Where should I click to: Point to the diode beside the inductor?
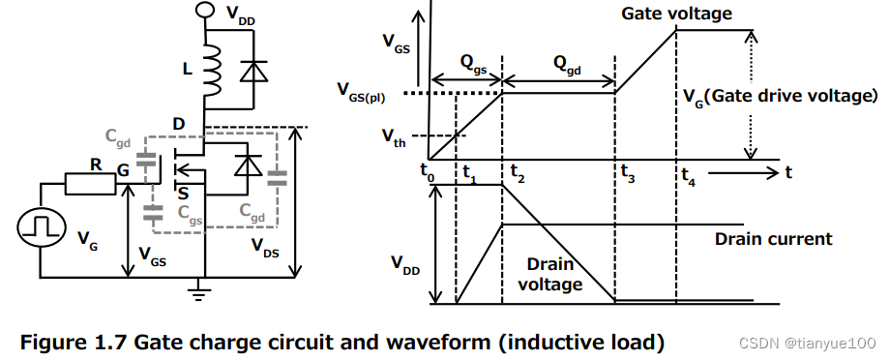coord(254,70)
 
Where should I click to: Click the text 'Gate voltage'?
coord(677,14)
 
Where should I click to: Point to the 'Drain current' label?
coord(773,238)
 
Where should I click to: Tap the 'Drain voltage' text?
coord(549,274)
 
